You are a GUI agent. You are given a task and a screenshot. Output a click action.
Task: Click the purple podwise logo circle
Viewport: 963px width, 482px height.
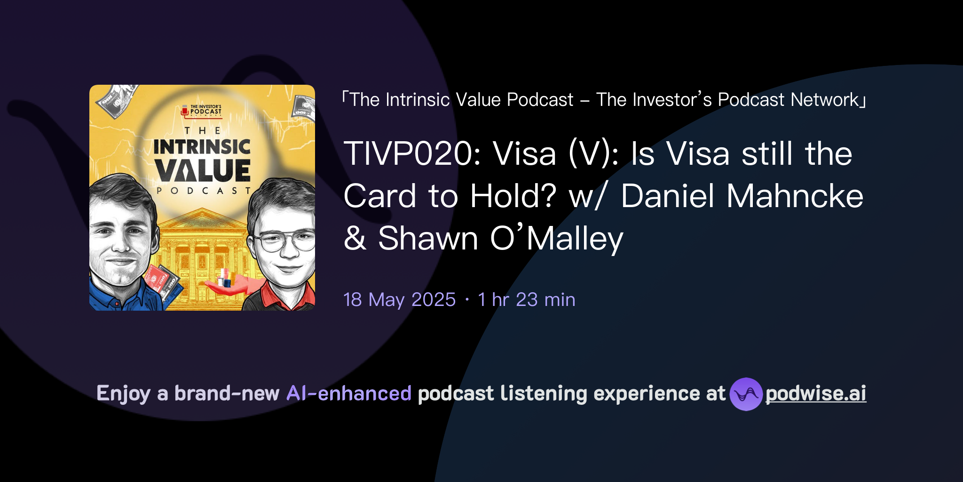(x=746, y=394)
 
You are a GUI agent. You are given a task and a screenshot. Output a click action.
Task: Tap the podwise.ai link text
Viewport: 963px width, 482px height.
(x=816, y=394)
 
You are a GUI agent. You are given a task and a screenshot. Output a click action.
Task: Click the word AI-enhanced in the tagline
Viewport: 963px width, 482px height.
(x=349, y=394)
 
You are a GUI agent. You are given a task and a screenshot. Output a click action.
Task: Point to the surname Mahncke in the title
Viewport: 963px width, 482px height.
(x=795, y=196)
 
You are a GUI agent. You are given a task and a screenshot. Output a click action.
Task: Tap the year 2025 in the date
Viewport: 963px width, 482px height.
(x=433, y=300)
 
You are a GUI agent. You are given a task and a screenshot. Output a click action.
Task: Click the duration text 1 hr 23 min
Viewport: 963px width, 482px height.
(x=526, y=300)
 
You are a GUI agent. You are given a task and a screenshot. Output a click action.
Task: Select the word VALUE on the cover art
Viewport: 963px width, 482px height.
(x=202, y=170)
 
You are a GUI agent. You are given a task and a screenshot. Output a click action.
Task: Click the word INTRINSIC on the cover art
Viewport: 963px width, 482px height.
(x=202, y=147)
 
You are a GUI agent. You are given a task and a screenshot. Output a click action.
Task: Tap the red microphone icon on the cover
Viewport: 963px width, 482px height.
(x=185, y=112)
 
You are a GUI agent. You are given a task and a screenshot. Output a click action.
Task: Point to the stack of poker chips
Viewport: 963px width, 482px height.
(x=226, y=277)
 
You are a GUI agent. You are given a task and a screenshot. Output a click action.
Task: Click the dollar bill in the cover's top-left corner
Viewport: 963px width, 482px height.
(x=115, y=100)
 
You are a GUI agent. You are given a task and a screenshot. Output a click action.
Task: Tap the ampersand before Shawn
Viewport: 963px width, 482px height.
(x=355, y=238)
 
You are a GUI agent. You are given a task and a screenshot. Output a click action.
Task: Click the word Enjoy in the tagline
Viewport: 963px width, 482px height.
(x=123, y=394)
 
